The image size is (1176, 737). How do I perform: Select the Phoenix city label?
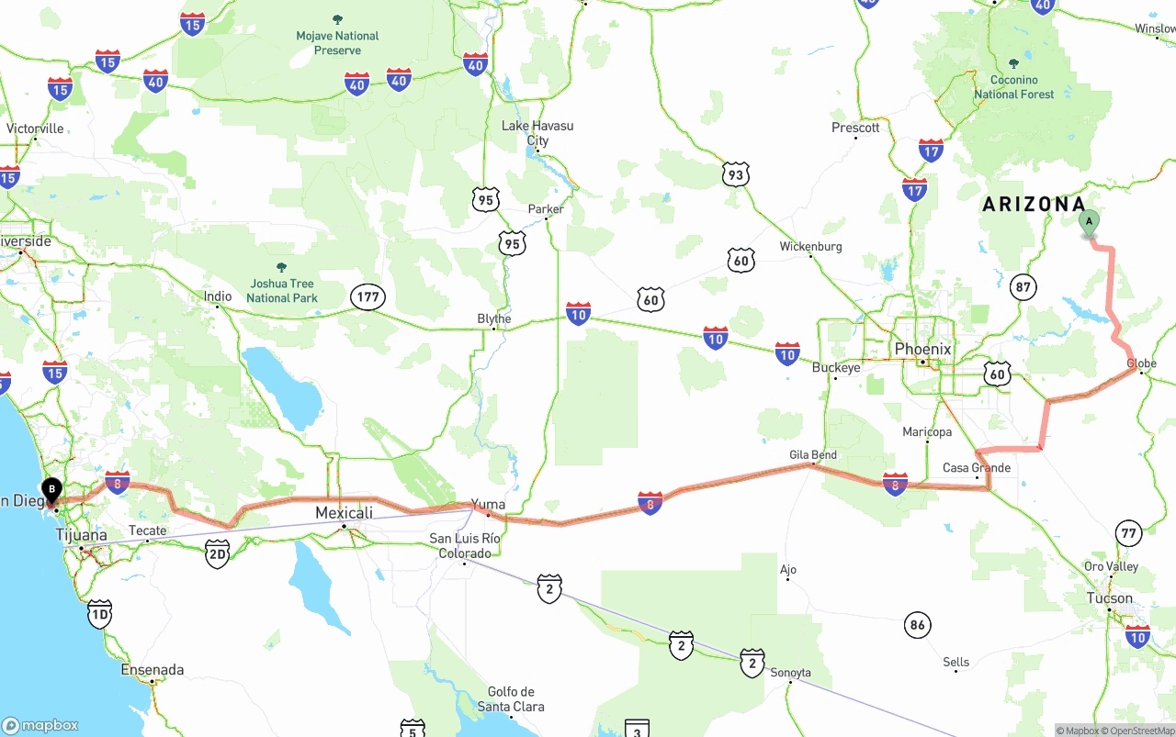click(x=922, y=350)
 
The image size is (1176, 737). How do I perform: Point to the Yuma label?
click(x=488, y=504)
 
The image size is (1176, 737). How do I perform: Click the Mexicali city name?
click(x=344, y=513)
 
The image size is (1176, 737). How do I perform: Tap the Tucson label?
click(x=1110, y=598)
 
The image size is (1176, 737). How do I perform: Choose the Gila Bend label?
click(x=813, y=454)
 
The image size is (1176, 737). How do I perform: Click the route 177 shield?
click(x=367, y=296)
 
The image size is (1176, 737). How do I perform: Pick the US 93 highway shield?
click(x=735, y=174)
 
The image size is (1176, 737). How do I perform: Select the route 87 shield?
click(x=1023, y=287)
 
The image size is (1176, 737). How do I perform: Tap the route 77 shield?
click(x=1128, y=532)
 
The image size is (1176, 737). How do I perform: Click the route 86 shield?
click(x=917, y=626)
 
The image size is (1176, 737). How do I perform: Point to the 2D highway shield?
click(x=217, y=553)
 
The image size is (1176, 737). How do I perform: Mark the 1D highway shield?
click(x=99, y=614)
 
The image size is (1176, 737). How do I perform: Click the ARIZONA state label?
click(x=1034, y=205)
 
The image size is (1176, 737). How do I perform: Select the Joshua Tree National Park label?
click(x=281, y=290)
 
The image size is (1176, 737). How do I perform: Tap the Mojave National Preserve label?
click(x=337, y=43)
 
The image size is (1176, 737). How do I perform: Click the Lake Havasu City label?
click(x=537, y=133)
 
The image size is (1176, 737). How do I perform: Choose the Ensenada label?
click(x=153, y=670)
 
